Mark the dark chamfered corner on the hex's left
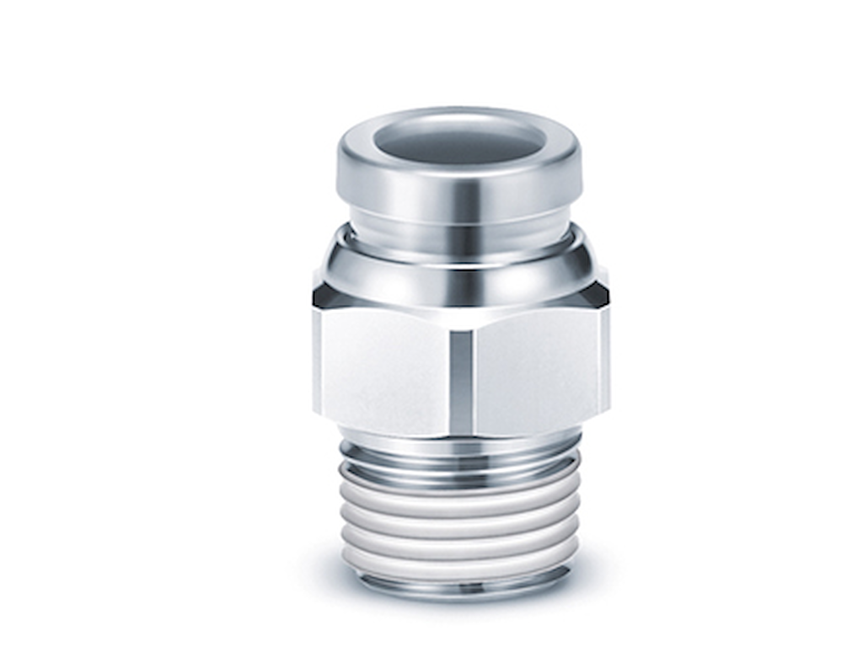tap(324, 296)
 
